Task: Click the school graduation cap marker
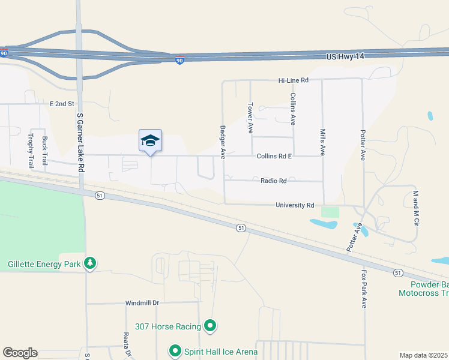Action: click(150, 141)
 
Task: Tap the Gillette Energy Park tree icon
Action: click(89, 263)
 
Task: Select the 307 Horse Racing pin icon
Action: click(210, 326)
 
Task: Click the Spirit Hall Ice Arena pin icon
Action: click(175, 350)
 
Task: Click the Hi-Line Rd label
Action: click(293, 80)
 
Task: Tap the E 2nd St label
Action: click(62, 104)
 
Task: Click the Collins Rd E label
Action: click(274, 156)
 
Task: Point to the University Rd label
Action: click(295, 205)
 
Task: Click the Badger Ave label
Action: click(223, 142)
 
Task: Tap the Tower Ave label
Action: click(250, 117)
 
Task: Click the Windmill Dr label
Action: click(142, 303)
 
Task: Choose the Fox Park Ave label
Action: click(363, 289)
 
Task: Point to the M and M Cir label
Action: click(415, 209)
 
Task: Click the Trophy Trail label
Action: click(31, 150)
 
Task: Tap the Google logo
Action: click(20, 353)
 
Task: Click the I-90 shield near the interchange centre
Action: click(179, 60)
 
